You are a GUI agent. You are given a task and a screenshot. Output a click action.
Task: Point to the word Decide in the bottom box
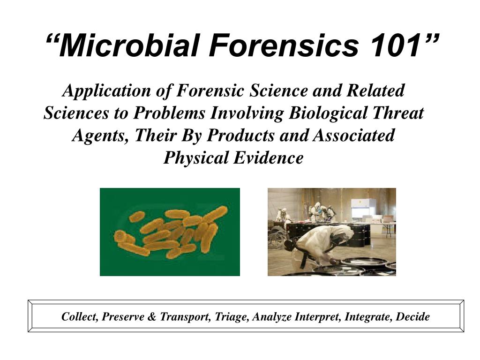coord(413,317)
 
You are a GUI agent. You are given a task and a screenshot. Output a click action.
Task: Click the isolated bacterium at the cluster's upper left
coord(137,216)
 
